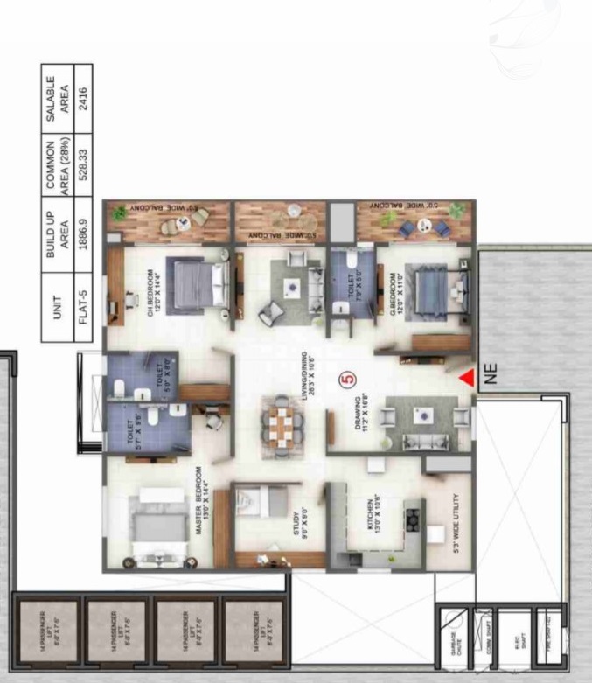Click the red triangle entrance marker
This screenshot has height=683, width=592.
tap(468, 377)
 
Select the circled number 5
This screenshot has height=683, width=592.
tap(346, 380)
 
